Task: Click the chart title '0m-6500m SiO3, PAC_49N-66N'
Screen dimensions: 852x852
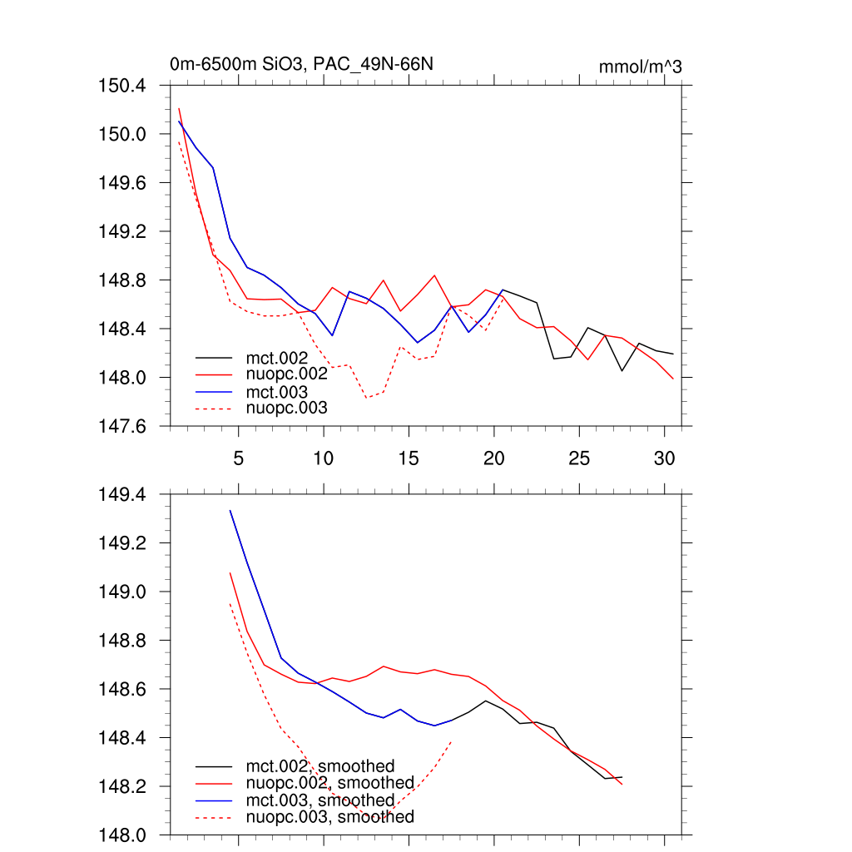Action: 301,65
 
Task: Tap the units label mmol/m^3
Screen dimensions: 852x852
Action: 640,67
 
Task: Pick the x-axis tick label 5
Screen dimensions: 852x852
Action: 238,458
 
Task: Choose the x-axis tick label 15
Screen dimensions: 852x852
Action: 409,458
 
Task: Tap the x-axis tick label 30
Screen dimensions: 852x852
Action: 664,458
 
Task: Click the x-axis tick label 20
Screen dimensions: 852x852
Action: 494,458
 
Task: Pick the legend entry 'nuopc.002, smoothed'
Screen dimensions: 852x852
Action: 329,783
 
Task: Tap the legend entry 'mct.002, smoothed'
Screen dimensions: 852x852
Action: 319,766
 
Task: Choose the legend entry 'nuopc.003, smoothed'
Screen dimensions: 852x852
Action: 329,817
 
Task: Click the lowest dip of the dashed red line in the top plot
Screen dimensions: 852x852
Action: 366,398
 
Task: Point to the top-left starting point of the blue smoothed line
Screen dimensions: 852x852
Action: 230,510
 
